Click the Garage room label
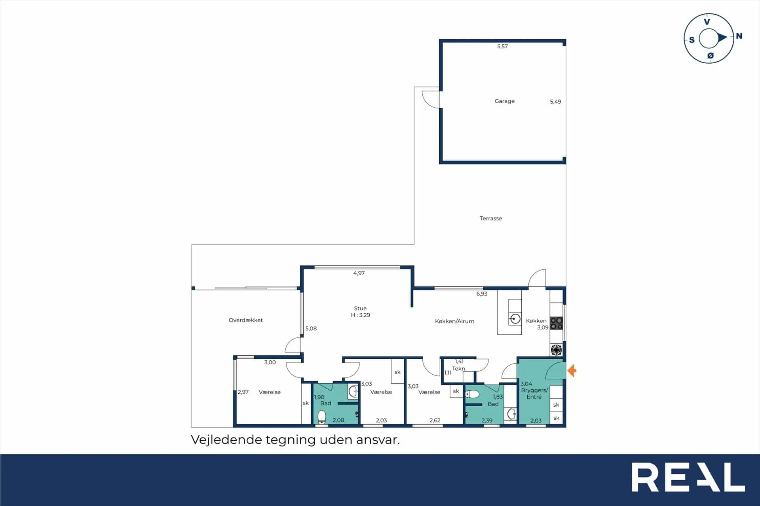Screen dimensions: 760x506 coord(504,101)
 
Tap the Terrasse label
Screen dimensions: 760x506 coord(491,218)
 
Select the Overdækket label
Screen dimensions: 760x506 coord(245,320)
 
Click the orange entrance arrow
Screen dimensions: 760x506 coord(572,371)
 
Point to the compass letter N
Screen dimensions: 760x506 coord(739,36)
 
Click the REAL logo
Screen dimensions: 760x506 coord(688,477)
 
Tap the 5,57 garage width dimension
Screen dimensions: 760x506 coord(502,46)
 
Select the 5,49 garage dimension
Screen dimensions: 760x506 coord(555,102)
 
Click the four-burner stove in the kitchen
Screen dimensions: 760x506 coord(557,324)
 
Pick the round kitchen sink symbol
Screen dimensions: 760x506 coord(515,319)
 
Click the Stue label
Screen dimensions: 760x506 coord(360,308)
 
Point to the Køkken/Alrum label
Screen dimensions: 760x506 coord(454,321)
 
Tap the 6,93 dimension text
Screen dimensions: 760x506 coord(482,294)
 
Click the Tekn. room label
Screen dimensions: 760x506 coord(459,368)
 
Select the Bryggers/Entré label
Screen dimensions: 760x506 coord(534,393)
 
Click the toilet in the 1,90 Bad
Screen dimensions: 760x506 coord(322,417)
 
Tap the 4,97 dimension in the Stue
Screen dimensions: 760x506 coord(359,273)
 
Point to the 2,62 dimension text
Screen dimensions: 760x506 coord(435,420)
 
